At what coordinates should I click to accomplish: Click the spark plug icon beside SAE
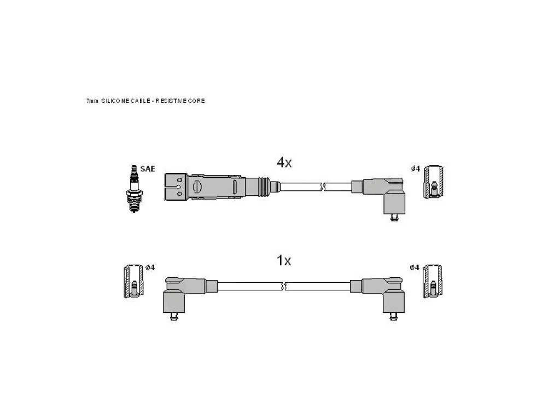pyautogui.click(x=135, y=189)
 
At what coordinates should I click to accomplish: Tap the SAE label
pyautogui.click(x=148, y=169)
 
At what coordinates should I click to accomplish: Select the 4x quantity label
pyautogui.click(x=284, y=162)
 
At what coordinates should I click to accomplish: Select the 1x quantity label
pyautogui.click(x=284, y=260)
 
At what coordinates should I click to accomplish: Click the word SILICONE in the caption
pyautogui.click(x=115, y=101)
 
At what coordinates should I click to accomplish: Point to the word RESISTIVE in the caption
pyautogui.click(x=171, y=101)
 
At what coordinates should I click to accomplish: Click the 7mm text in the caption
pyautogui.click(x=92, y=101)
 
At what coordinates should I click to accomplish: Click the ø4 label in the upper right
pyautogui.click(x=416, y=168)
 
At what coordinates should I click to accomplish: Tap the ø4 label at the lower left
pyautogui.click(x=150, y=267)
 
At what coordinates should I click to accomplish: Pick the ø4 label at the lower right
pyautogui.click(x=415, y=267)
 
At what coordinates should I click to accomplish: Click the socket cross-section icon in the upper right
pyautogui.click(x=434, y=182)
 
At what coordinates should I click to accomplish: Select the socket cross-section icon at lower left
pyautogui.click(x=133, y=282)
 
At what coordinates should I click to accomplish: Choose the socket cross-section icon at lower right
pyautogui.click(x=433, y=282)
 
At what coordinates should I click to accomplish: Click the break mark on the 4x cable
pyautogui.click(x=323, y=186)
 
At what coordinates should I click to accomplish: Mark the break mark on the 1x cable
pyautogui.click(x=284, y=286)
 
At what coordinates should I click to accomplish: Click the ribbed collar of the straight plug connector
pyautogui.click(x=263, y=186)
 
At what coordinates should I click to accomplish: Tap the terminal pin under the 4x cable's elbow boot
pyautogui.click(x=394, y=218)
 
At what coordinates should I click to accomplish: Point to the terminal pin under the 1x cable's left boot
pyautogui.click(x=174, y=317)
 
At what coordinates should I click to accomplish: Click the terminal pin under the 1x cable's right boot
pyautogui.click(x=394, y=317)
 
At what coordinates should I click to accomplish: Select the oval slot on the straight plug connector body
pyautogui.click(x=197, y=187)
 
